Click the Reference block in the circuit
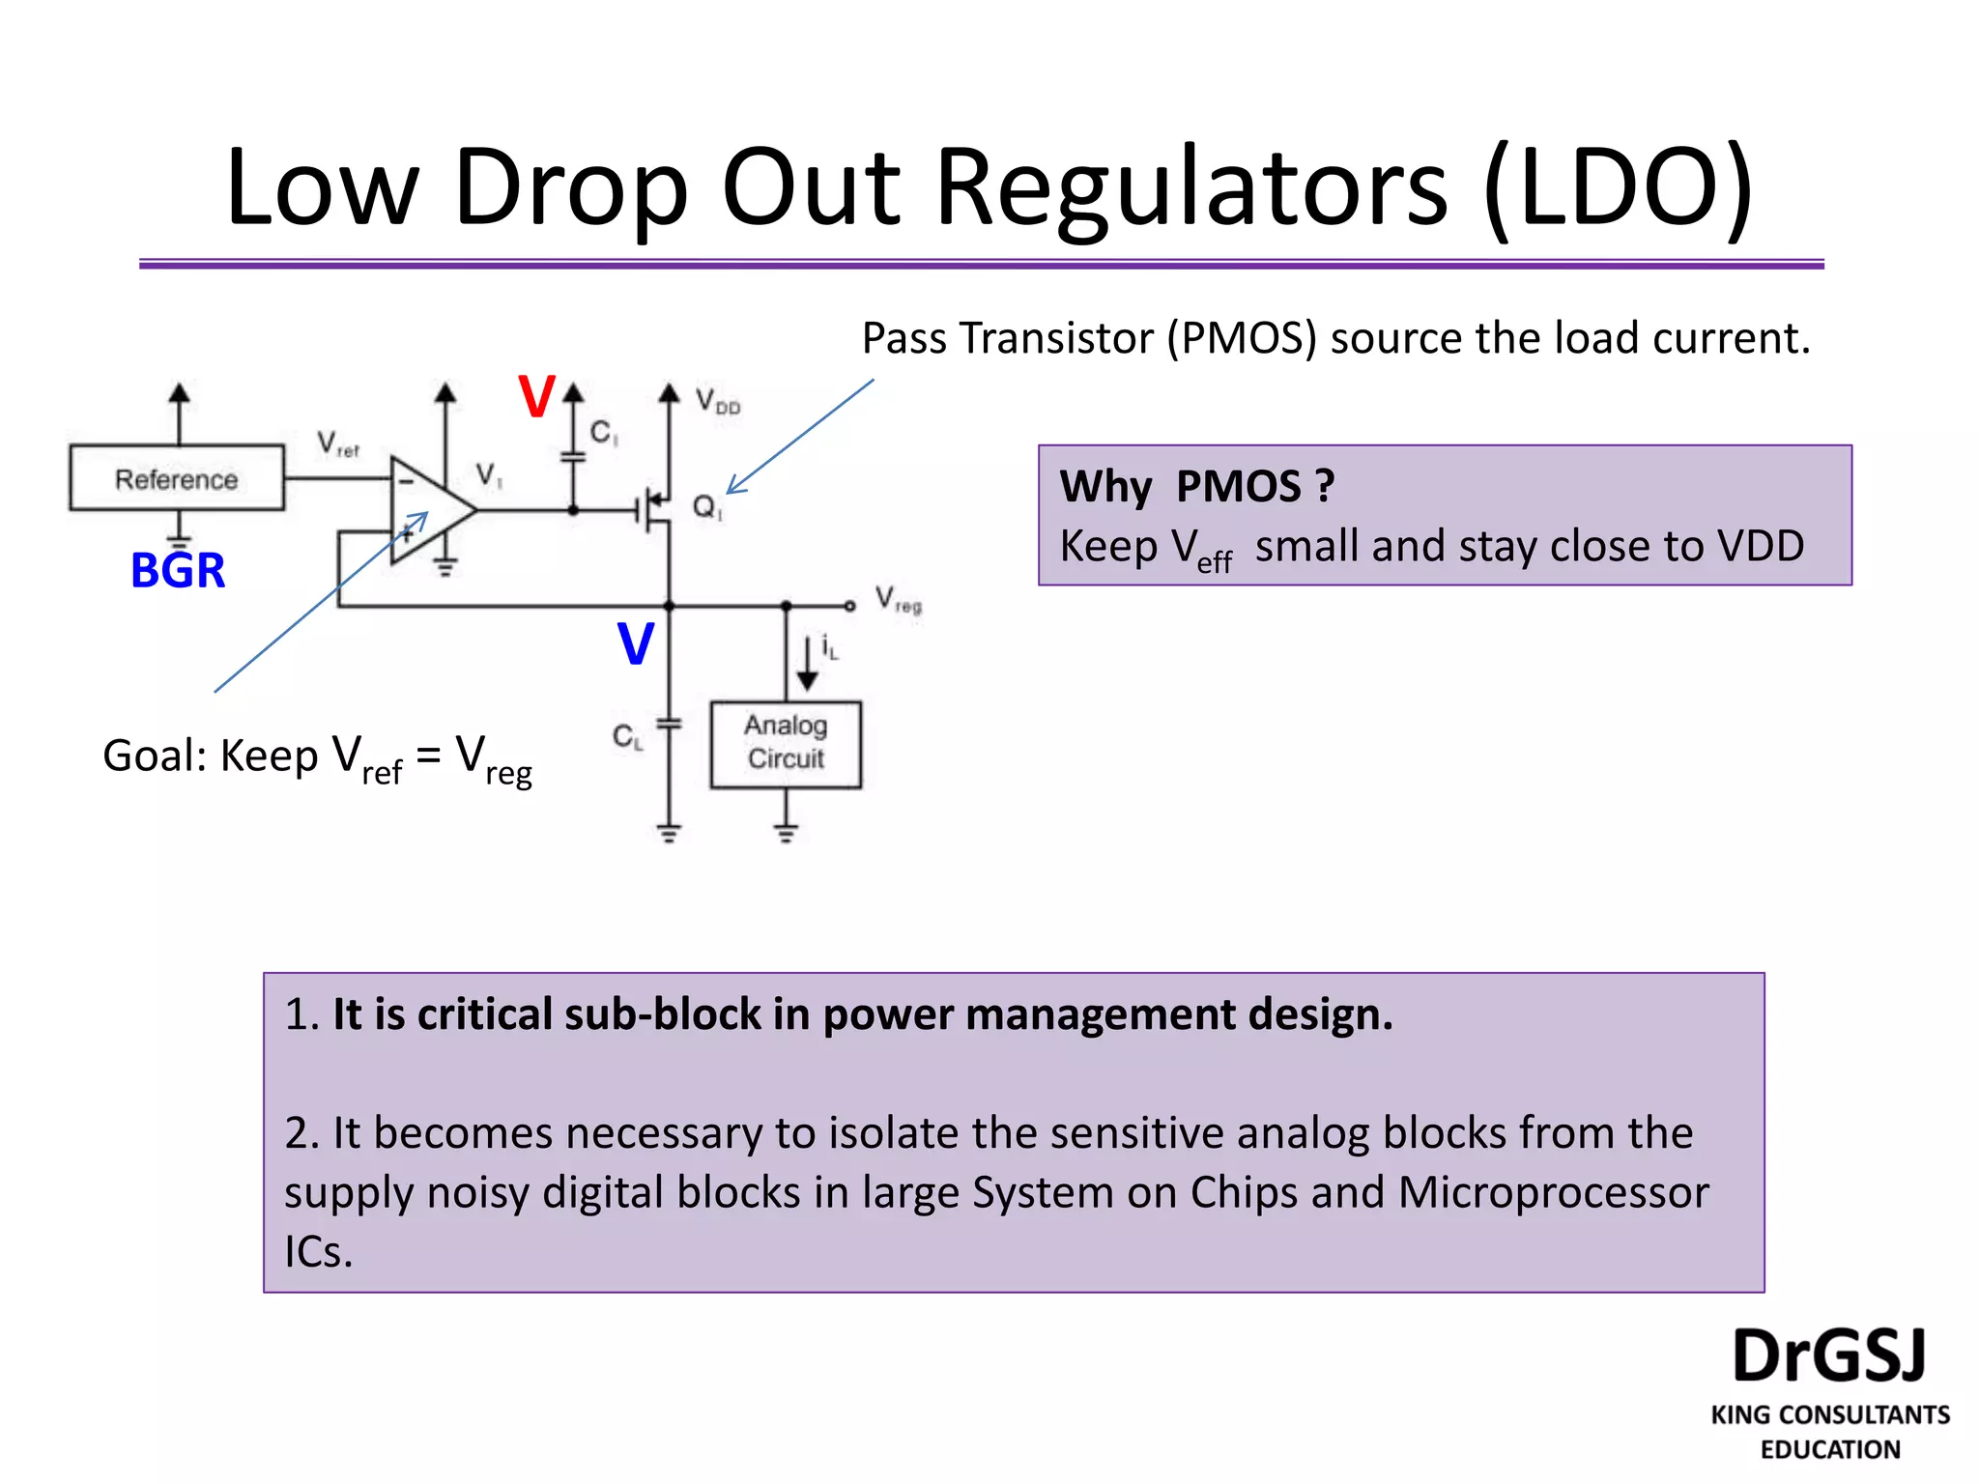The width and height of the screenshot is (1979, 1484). click(x=177, y=478)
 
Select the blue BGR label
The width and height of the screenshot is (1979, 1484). click(x=178, y=570)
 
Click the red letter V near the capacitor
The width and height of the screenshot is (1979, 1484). click(x=536, y=397)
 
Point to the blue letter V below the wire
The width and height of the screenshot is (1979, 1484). click(x=636, y=644)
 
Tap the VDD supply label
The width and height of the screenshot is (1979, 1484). click(x=717, y=400)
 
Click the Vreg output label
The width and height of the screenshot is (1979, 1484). click(x=898, y=600)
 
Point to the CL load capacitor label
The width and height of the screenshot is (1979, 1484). click(x=627, y=738)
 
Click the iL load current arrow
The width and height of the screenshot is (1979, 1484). click(x=807, y=663)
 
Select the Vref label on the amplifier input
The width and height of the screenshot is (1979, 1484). click(x=337, y=444)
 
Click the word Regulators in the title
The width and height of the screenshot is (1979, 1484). click(x=1192, y=187)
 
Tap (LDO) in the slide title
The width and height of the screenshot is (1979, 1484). click(x=1618, y=187)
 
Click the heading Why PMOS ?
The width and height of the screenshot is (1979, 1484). click(x=1196, y=486)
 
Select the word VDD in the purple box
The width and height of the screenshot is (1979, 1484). click(x=1760, y=546)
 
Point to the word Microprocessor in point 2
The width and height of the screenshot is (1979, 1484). click(x=1553, y=1192)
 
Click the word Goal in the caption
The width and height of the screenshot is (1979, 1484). click(x=154, y=756)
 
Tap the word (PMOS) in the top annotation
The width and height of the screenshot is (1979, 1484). click(x=1242, y=338)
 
